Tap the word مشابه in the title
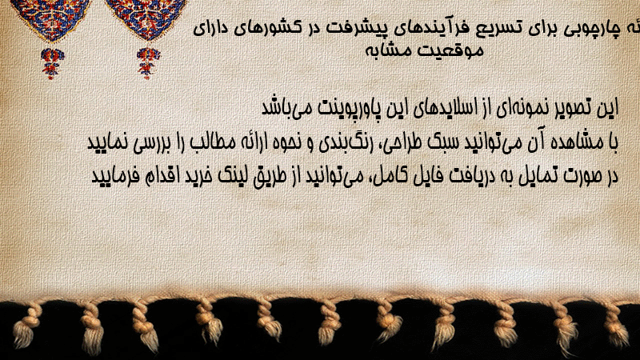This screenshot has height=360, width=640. coord(393,50)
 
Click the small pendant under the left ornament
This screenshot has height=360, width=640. coord(52,63)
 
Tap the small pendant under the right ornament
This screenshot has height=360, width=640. coord(148,63)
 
